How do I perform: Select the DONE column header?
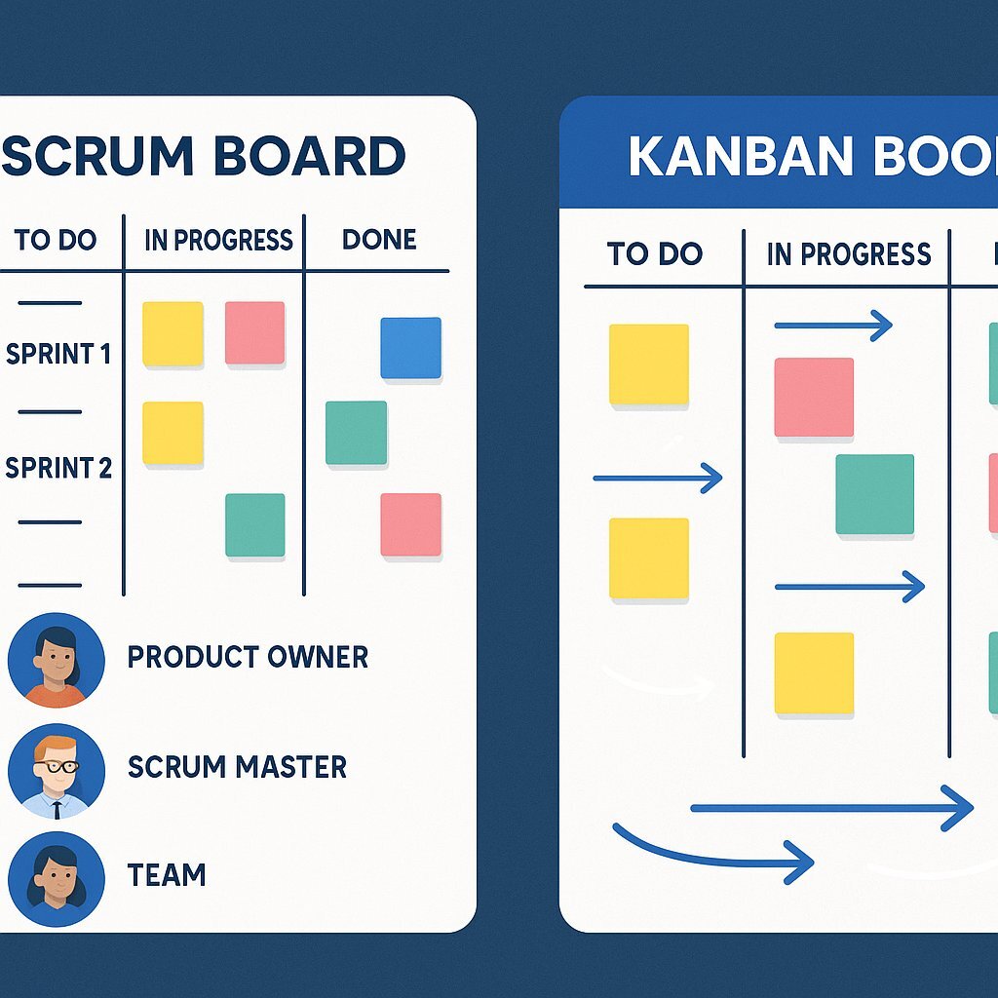(x=379, y=240)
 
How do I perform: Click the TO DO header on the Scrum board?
(x=56, y=240)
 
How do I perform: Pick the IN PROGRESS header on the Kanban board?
(x=848, y=254)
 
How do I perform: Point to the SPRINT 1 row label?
(x=58, y=354)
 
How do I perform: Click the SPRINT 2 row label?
(x=58, y=468)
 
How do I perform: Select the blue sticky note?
(x=410, y=348)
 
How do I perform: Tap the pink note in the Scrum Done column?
(x=410, y=524)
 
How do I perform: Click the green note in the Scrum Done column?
(x=356, y=433)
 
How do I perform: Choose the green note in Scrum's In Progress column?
(x=254, y=525)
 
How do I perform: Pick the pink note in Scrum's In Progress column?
(x=254, y=333)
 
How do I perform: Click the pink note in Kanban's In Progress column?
(x=814, y=397)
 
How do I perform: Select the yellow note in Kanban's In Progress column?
(x=814, y=673)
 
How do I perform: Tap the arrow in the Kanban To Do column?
(x=658, y=478)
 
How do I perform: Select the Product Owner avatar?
(x=56, y=660)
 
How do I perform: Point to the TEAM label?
(x=167, y=875)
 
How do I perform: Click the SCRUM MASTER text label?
(x=237, y=767)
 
